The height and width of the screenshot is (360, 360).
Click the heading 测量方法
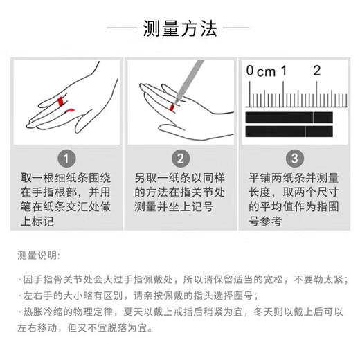coord(180,28)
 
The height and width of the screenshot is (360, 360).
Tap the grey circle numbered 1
coord(66,159)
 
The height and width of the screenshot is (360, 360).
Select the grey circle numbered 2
coord(181,159)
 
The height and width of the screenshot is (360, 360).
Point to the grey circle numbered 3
coord(295,159)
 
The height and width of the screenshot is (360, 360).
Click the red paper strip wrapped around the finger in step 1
coord(61,102)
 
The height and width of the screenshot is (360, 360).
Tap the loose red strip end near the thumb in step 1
coord(70,110)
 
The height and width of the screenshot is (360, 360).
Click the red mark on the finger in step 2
coord(172,107)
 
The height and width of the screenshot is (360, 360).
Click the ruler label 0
coord(250,71)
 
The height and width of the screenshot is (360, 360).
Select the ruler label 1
coord(284,71)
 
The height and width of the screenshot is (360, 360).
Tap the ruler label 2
coord(317,71)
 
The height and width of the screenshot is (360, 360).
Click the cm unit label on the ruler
coord(267,72)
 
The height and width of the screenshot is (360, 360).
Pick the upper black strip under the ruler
coord(289,118)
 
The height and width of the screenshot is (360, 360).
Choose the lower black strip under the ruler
coord(289,132)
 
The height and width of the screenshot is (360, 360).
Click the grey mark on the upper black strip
coord(313,118)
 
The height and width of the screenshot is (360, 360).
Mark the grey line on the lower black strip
coord(305,132)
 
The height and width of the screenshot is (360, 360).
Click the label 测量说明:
coord(39,255)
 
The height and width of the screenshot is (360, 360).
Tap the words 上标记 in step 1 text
coord(37,221)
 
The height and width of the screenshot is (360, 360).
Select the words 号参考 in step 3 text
coord(265,221)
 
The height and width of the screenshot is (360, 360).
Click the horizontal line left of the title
coord(122,28)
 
